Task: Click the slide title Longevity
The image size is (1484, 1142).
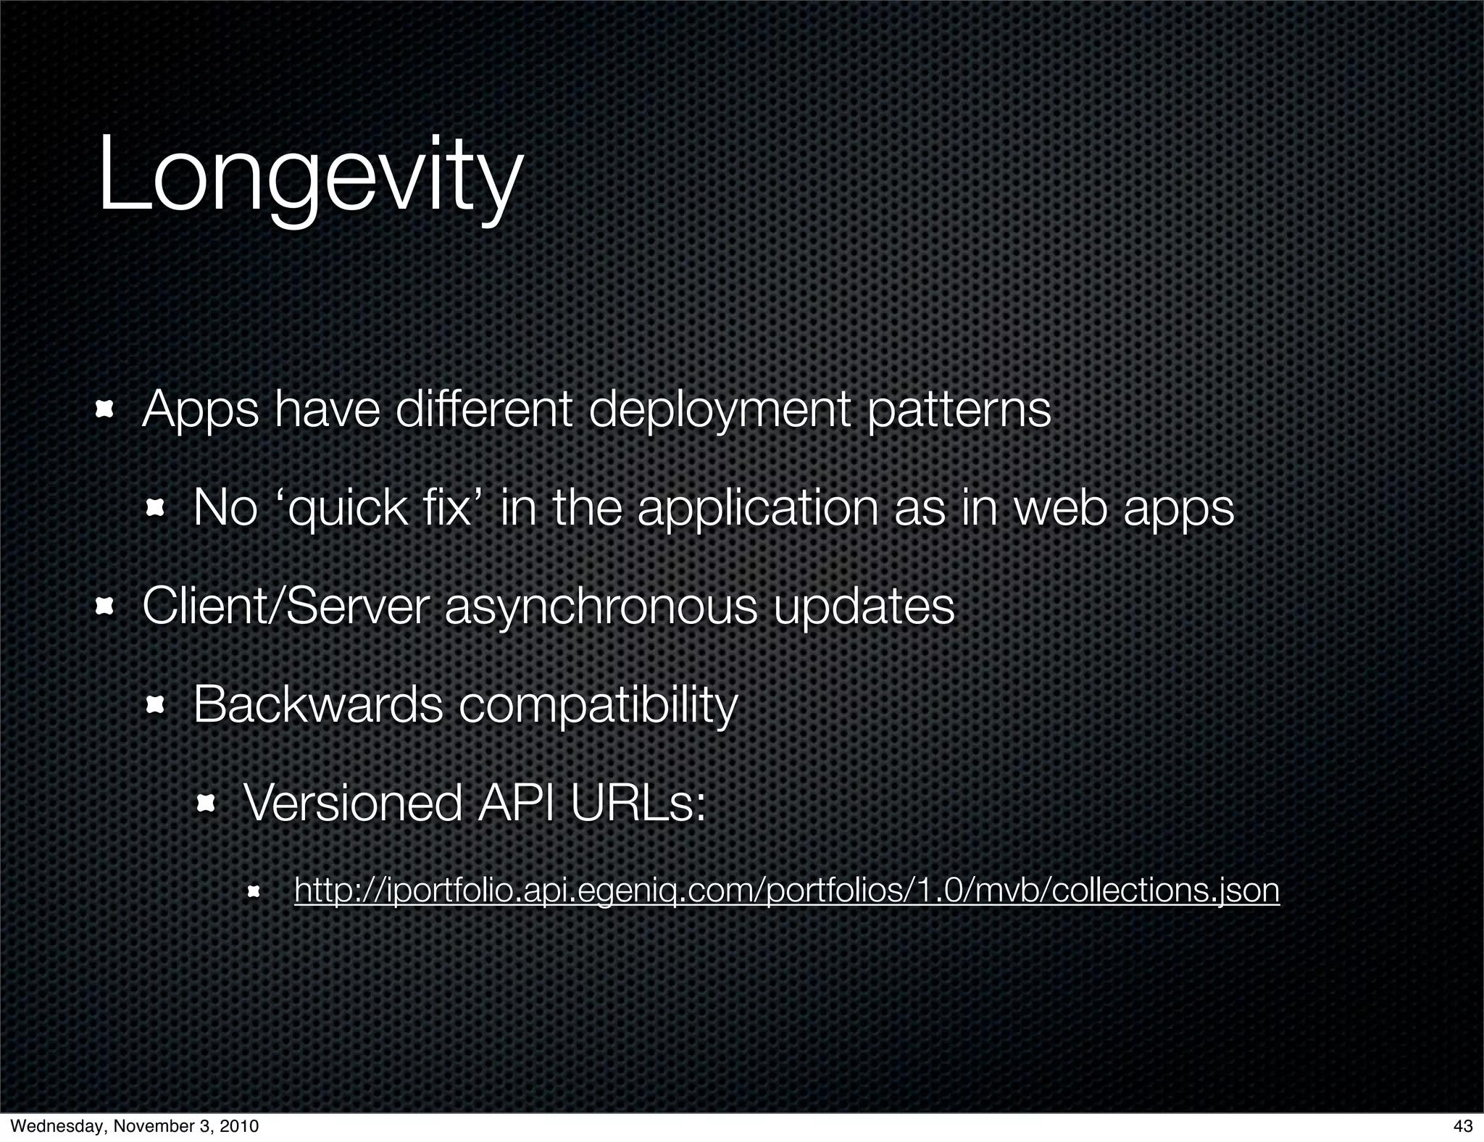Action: pos(309,178)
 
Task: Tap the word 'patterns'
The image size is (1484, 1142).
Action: pos(958,411)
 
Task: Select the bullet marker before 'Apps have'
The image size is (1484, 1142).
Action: pos(104,411)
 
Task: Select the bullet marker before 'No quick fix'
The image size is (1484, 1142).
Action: pos(155,509)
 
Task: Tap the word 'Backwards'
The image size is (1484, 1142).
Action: pos(318,704)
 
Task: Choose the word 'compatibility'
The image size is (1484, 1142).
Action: pos(599,704)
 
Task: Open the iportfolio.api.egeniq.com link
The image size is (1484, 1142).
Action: pos(786,890)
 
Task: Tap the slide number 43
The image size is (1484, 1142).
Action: pos(1463,1126)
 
